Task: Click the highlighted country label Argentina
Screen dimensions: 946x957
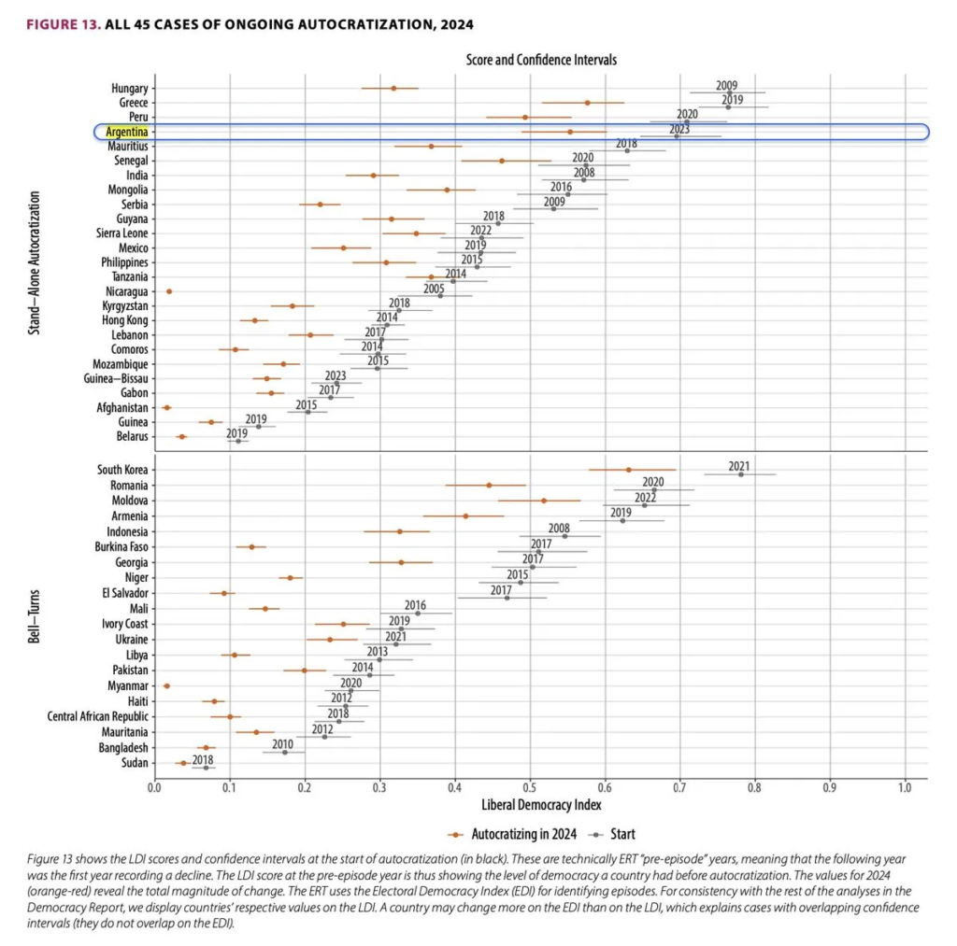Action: click(126, 132)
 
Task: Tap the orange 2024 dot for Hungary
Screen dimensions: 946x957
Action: click(393, 88)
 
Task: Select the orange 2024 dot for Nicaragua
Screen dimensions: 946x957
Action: click(169, 291)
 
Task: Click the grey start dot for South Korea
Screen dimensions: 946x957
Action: click(741, 473)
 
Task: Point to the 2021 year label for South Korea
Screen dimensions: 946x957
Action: click(739, 465)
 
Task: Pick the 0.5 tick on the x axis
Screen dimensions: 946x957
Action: click(530, 787)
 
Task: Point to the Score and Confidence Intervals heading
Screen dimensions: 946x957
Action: click(541, 60)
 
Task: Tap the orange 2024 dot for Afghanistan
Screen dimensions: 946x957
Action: click(167, 407)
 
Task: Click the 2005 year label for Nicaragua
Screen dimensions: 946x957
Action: click(433, 289)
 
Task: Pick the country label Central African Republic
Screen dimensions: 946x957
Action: click(98, 716)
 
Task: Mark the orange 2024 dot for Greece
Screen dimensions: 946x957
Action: click(587, 103)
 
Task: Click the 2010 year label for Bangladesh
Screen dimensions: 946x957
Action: click(283, 743)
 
